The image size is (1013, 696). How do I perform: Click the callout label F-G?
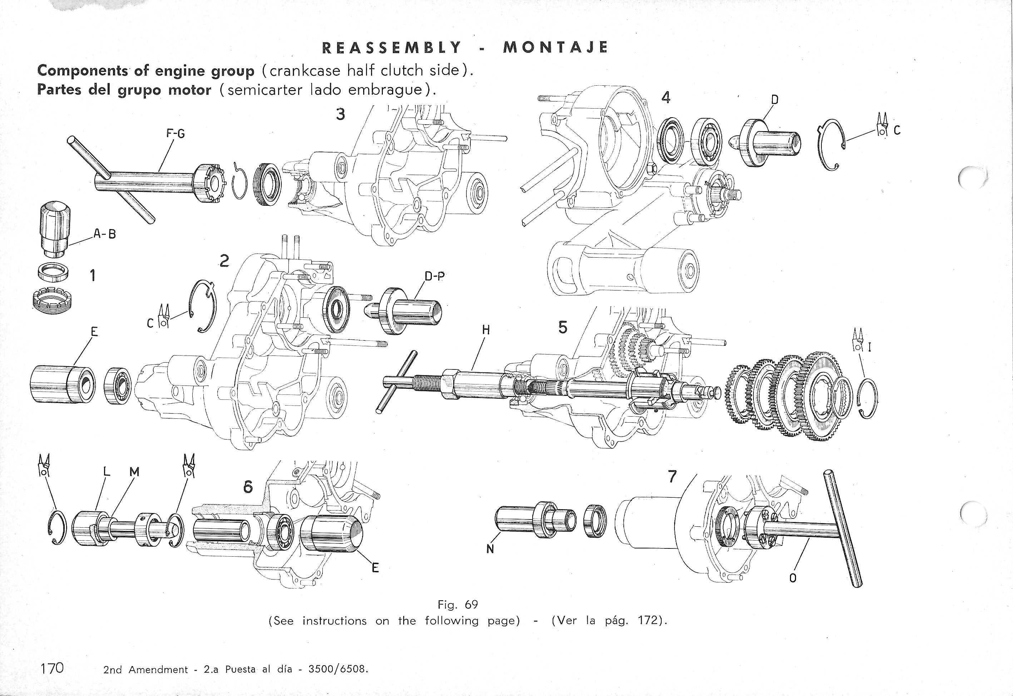[x=176, y=134]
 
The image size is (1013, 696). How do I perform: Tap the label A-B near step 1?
[x=105, y=234]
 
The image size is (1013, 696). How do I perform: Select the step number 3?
[x=340, y=114]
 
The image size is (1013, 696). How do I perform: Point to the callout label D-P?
[x=435, y=276]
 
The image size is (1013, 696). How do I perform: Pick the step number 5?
[x=563, y=328]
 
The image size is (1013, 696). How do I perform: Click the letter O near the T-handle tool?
[x=793, y=578]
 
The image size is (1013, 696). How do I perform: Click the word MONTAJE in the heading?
[x=555, y=47]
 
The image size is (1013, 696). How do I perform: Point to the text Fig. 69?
[x=458, y=605]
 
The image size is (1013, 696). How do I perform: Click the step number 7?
[x=672, y=477]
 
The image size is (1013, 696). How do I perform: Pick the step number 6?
[x=248, y=487]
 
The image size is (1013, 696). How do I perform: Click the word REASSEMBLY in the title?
[x=391, y=47]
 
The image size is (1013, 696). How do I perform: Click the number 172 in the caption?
[x=647, y=620]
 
